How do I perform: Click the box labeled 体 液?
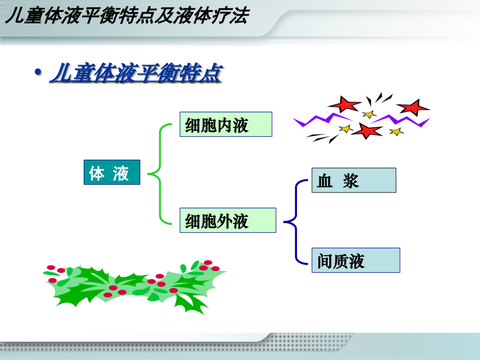(x=112, y=172)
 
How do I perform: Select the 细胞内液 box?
(x=226, y=124)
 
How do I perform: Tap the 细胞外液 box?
(x=227, y=220)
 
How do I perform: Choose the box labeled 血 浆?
(x=354, y=180)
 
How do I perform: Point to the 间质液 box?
(x=356, y=260)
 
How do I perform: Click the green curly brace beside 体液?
(x=159, y=174)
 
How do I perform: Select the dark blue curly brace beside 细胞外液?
(x=295, y=222)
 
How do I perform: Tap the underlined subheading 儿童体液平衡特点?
(x=136, y=74)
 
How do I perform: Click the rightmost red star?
(x=413, y=107)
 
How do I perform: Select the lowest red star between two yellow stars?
(x=368, y=130)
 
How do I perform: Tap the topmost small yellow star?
(x=369, y=114)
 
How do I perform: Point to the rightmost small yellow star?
(x=397, y=131)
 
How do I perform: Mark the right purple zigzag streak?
(x=404, y=121)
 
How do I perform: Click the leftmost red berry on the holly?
(x=51, y=268)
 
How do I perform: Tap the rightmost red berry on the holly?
(x=215, y=269)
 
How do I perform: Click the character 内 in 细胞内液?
(x=226, y=124)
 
